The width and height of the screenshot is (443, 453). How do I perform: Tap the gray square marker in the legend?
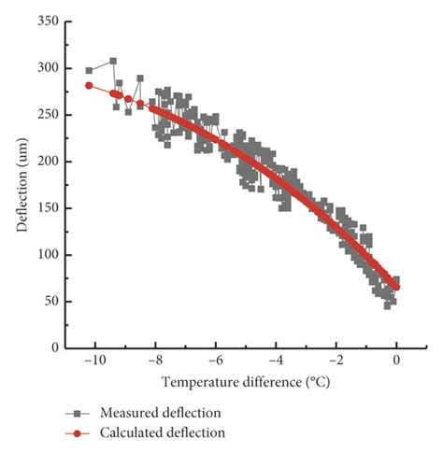[83, 413]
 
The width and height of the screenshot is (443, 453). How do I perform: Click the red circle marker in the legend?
[83, 432]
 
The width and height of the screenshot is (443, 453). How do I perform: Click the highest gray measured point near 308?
[113, 61]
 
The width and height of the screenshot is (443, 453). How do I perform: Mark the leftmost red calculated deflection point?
[90, 85]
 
